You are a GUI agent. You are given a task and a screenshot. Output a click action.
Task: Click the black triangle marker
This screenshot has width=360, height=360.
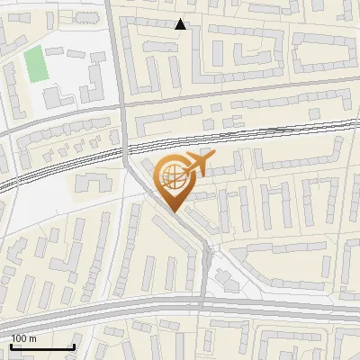(181, 24)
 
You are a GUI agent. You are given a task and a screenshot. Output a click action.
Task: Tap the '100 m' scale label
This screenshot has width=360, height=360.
(24, 337)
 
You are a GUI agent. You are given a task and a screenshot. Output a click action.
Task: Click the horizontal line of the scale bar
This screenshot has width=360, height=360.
(42, 346)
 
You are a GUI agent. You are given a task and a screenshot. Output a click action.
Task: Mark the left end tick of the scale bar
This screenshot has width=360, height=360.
(12, 345)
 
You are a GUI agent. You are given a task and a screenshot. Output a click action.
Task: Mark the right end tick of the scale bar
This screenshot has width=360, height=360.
(74, 345)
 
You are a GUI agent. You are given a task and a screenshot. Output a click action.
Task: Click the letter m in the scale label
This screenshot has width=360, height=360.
(33, 337)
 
